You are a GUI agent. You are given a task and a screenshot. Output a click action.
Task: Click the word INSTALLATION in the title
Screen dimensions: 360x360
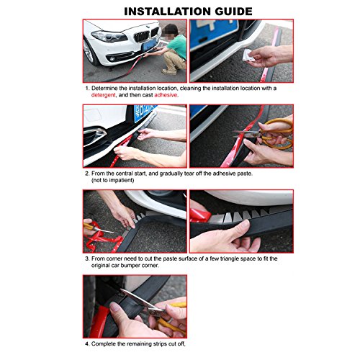pos(167,12)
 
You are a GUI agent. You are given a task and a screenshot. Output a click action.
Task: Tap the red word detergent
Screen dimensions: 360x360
pos(103,95)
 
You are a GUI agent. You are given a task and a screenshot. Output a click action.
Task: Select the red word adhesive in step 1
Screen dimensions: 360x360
pos(166,95)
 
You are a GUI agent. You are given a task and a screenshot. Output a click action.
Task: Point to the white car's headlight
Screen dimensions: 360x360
pos(109,37)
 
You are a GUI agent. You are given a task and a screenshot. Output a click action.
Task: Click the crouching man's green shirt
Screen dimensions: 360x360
pos(178,46)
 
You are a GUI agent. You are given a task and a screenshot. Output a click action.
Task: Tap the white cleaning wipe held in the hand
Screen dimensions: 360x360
pos(248,55)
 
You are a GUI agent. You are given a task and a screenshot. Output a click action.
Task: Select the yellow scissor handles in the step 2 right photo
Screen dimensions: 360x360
pos(279,133)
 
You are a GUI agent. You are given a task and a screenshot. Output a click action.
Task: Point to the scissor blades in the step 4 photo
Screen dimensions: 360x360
pos(138,300)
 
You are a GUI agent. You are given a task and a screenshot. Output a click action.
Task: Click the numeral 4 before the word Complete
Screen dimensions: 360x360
pos(86,344)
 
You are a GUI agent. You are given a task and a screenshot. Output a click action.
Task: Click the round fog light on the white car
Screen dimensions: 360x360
pos(112,59)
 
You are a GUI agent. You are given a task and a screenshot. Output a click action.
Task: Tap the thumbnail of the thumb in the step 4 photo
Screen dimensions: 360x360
pos(114,307)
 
